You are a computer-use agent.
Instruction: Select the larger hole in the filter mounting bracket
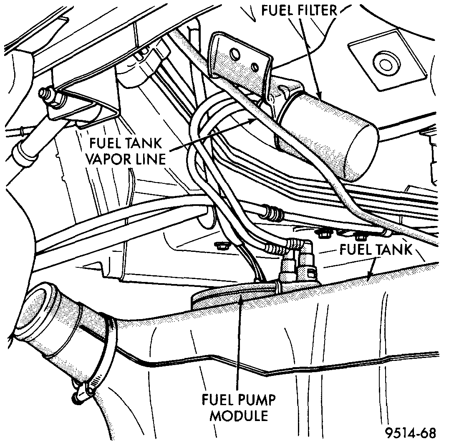tap(233, 53)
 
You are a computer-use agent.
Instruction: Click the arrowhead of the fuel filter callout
tap(321, 97)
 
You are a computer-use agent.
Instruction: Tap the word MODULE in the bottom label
tap(239, 416)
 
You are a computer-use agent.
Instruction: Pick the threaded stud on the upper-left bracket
tap(45, 93)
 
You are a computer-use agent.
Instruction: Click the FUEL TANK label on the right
tap(375, 249)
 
